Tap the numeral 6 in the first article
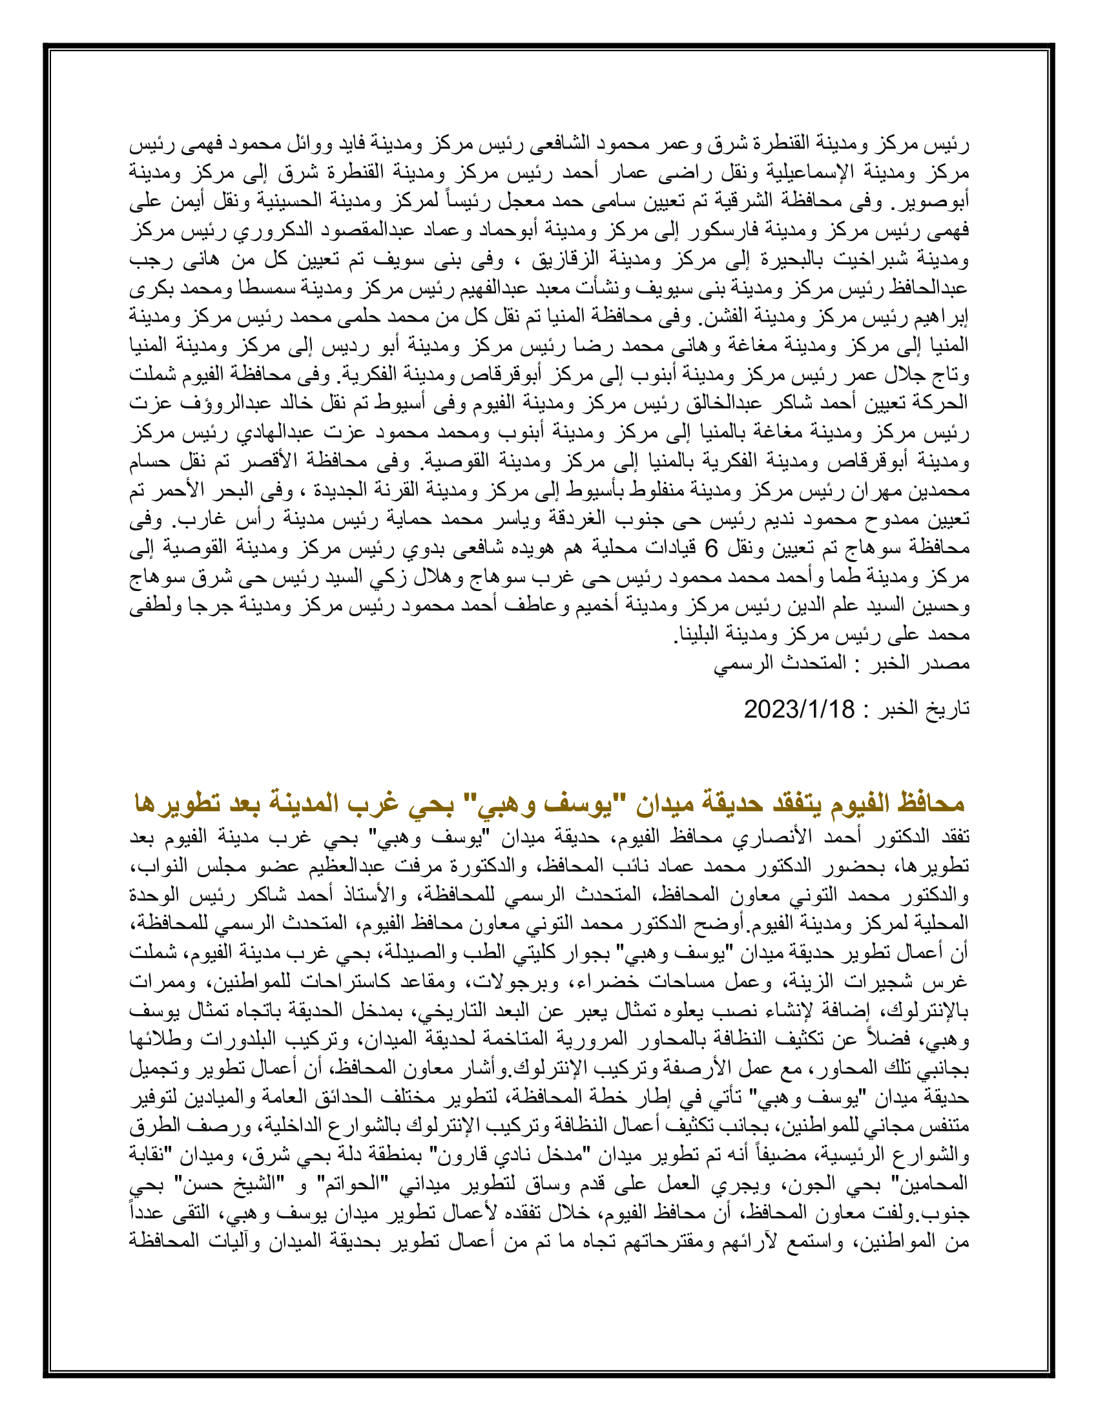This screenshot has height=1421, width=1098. (x=712, y=549)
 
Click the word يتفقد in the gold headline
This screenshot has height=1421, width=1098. (x=792, y=804)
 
